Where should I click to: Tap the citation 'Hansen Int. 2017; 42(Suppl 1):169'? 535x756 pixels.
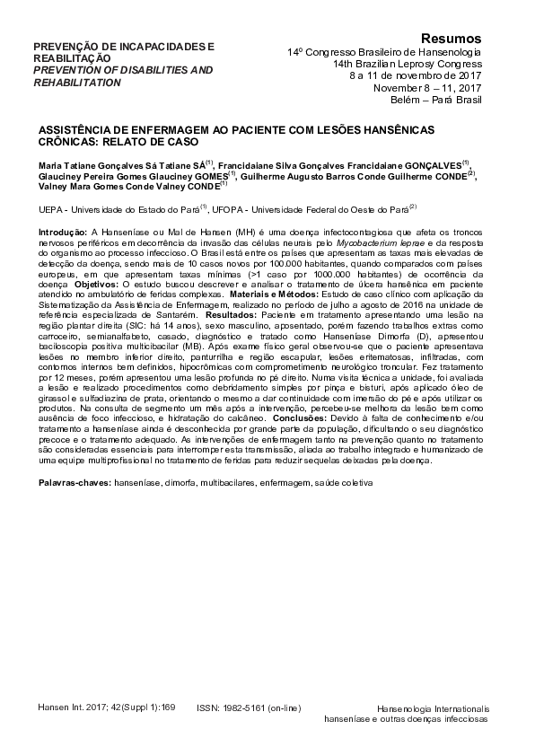[107, 707]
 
